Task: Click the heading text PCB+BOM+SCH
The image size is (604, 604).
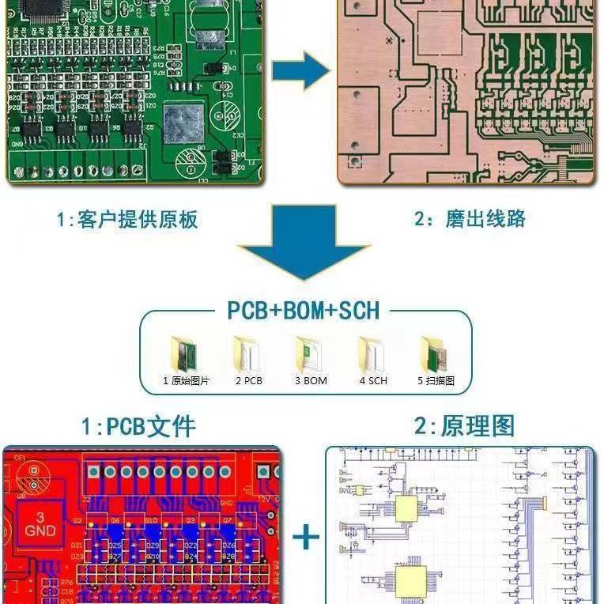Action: click(304, 310)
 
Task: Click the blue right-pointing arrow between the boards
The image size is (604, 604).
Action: click(300, 74)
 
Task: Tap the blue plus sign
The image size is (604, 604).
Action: click(306, 538)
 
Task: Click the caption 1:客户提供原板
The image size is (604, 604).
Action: click(126, 219)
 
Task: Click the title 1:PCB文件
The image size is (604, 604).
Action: click(138, 427)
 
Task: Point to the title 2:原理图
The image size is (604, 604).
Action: click(464, 426)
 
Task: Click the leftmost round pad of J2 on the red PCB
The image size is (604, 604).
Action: click(93, 472)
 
